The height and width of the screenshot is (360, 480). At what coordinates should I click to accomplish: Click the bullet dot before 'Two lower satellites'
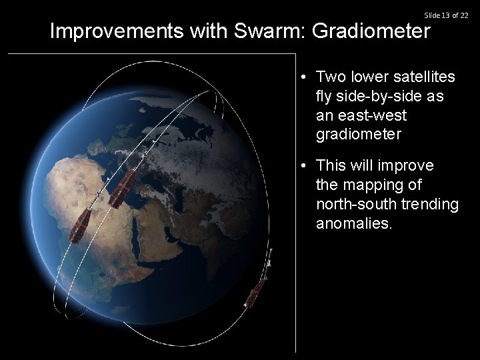coord(303,77)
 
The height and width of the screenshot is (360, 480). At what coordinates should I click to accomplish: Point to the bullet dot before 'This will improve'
coord(303,165)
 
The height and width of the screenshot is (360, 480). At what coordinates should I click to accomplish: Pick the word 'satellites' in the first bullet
coord(423,77)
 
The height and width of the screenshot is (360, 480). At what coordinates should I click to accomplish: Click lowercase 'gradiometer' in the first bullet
coord(359,135)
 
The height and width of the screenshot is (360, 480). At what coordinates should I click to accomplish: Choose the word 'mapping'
coord(373,185)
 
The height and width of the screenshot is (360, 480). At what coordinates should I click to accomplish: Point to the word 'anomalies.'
coord(355,223)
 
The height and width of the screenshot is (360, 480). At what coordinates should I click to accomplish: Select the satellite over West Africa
coord(80,228)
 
